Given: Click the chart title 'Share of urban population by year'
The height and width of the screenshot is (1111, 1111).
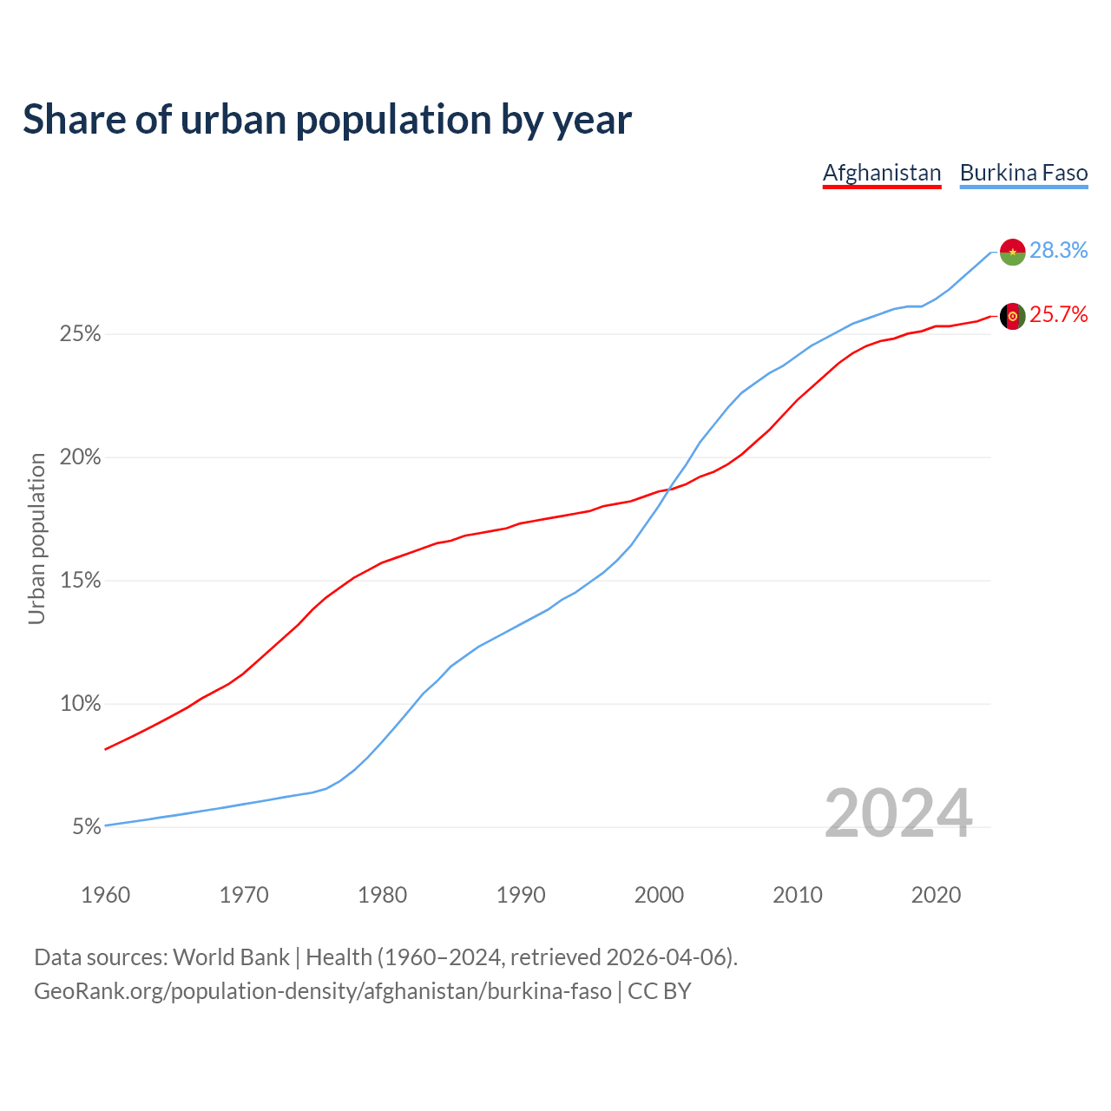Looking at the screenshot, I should [327, 120].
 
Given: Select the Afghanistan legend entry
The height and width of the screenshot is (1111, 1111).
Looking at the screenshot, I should [882, 173].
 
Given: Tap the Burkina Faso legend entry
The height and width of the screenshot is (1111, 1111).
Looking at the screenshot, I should [1023, 173].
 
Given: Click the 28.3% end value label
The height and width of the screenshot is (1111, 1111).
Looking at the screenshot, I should [1058, 251].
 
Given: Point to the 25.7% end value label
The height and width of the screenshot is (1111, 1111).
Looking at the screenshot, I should [1058, 315].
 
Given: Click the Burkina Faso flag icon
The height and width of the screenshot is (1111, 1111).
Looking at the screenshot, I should [1012, 252].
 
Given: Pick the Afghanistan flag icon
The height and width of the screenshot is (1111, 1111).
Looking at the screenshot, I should [1012, 316].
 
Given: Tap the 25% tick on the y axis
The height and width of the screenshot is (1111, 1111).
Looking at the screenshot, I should [80, 334].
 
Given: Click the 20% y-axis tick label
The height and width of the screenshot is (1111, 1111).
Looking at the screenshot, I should [80, 457].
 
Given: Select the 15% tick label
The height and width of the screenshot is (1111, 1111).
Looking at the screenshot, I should [80, 581].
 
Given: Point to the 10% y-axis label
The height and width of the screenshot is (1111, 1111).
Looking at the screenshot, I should [80, 704].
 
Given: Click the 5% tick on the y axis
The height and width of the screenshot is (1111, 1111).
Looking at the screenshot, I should [87, 827].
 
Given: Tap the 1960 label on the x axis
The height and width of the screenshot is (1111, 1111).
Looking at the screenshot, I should [105, 895].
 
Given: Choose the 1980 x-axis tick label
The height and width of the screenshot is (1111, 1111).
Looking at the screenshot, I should [382, 895].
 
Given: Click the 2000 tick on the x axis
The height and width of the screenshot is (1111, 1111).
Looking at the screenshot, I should [659, 895].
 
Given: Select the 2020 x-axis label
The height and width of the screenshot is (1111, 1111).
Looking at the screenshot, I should [936, 895].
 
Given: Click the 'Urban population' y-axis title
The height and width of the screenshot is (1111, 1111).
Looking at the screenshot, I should [36, 538].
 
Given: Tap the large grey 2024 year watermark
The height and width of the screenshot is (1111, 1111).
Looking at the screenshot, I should [897, 814].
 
